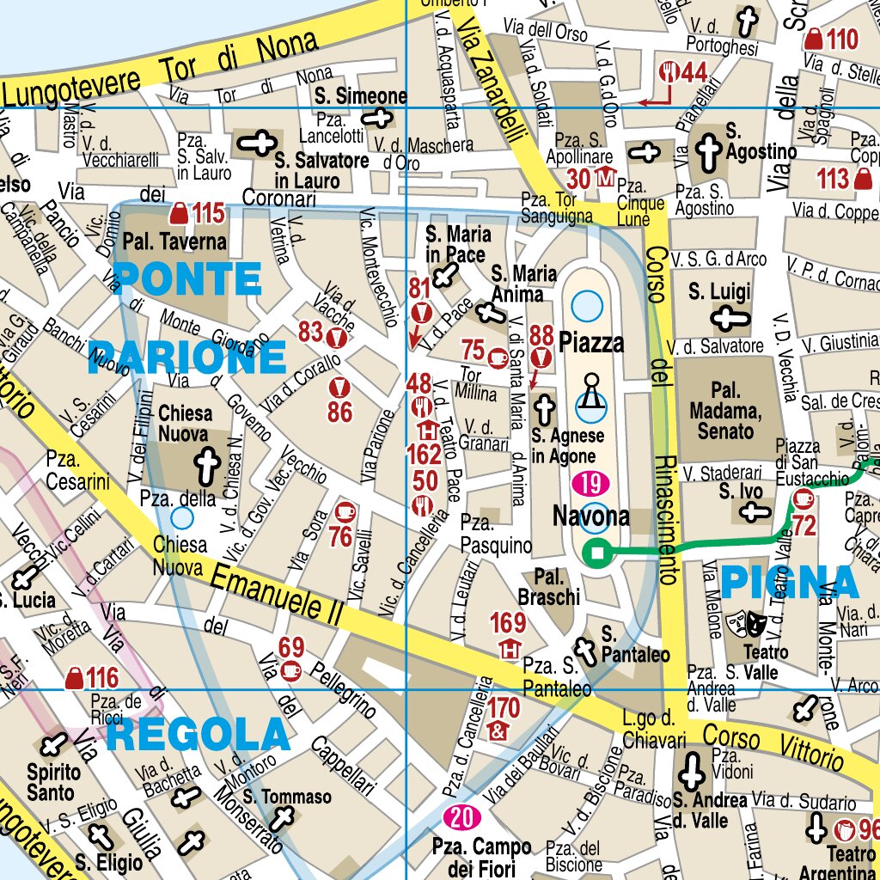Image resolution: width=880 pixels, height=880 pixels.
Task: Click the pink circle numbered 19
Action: point(590,484)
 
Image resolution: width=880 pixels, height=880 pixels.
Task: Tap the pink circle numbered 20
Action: point(461,817)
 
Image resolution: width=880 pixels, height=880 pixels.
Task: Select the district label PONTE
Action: point(187,278)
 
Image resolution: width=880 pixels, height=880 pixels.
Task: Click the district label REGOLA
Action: point(199,736)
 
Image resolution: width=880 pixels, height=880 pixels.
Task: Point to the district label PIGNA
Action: point(790,583)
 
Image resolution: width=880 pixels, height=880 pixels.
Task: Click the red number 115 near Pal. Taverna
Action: point(208,212)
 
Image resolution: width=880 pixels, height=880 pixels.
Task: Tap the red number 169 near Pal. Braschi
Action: point(508,622)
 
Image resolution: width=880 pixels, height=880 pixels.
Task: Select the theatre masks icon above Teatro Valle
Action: point(744,621)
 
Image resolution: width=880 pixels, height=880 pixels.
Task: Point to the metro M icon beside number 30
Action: point(607,179)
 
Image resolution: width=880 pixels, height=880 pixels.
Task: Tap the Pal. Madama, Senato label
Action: point(724,412)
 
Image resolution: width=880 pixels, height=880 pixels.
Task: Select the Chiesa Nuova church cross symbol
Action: point(205,464)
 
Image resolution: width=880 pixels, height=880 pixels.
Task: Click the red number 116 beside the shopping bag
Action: point(102,678)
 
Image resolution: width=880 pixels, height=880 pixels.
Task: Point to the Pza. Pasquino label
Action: point(489,533)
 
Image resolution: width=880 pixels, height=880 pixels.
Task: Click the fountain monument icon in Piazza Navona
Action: point(590,391)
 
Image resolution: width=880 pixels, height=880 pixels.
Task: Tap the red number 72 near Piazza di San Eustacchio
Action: point(804,526)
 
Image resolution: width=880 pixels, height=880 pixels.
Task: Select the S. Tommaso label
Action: point(286,797)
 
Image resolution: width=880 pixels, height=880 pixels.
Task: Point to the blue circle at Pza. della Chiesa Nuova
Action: point(181,516)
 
